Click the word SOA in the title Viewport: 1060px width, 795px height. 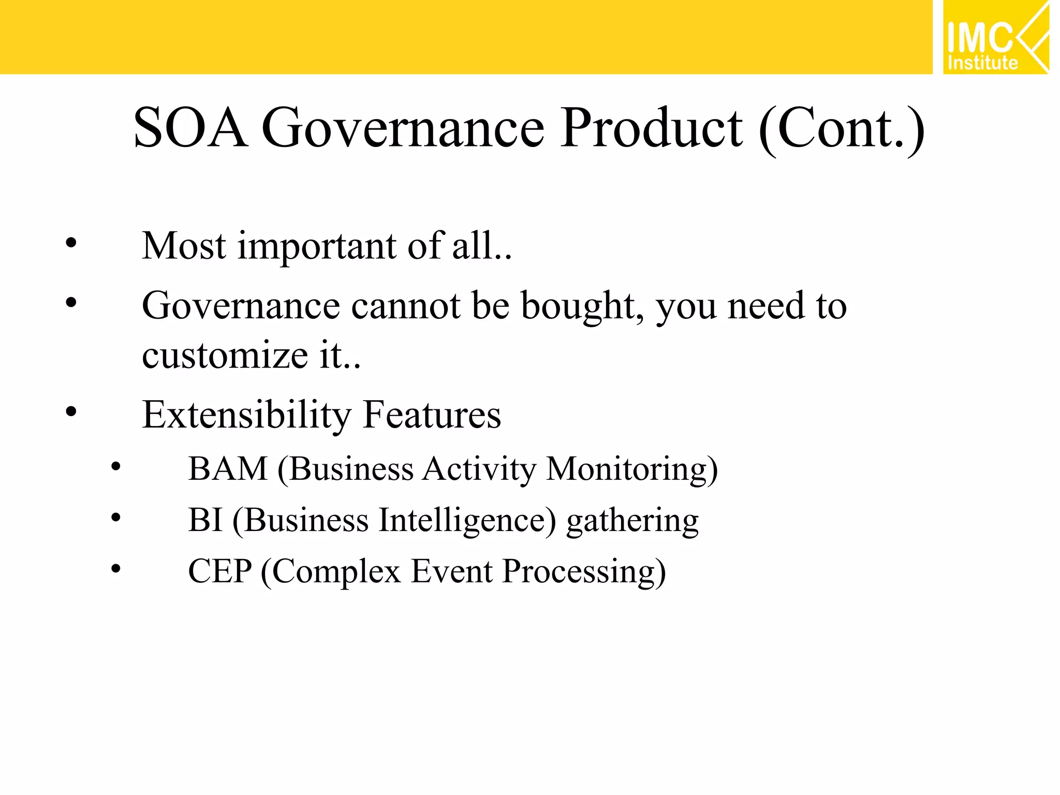click(189, 128)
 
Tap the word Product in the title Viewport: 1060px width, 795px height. click(652, 128)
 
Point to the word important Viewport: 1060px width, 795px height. click(317, 246)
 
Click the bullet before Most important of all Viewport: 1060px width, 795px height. click(71, 243)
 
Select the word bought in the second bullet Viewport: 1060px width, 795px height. click(582, 306)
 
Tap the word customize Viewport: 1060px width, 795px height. click(225, 356)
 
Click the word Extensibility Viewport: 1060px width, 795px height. click(246, 416)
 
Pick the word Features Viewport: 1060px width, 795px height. click(432, 415)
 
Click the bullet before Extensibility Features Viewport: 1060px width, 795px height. click(71, 412)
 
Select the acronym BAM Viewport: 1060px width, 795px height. click(227, 469)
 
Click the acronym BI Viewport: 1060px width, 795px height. click(205, 520)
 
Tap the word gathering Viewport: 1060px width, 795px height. click(632, 522)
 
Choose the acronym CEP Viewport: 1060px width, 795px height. click(219, 571)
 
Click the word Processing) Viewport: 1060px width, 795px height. click(584, 572)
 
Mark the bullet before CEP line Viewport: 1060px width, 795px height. click(116, 569)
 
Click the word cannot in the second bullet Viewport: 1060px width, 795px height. click(405, 306)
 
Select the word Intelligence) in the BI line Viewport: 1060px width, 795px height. click(467, 521)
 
